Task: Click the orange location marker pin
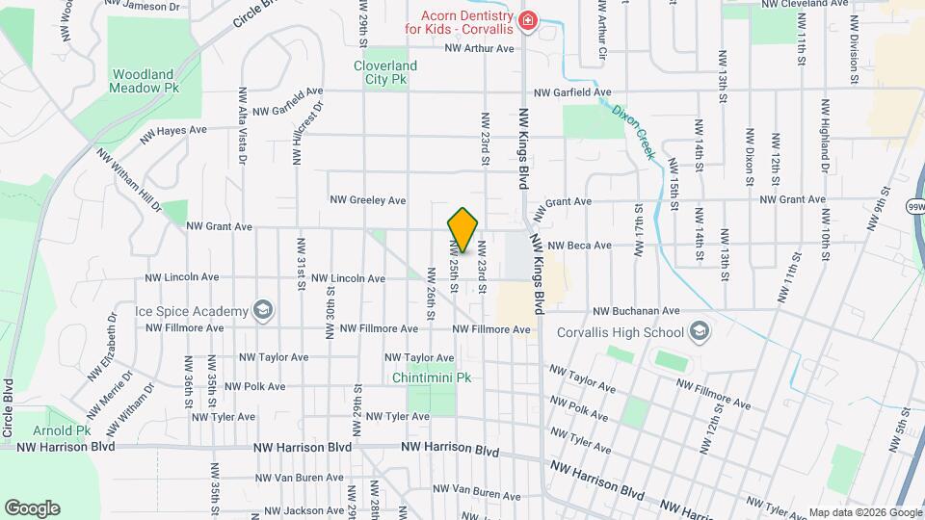click(x=462, y=230)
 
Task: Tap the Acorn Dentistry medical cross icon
click(x=527, y=21)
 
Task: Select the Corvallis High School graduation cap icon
click(x=700, y=333)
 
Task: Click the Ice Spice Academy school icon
click(x=261, y=310)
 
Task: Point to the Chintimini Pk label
click(x=432, y=377)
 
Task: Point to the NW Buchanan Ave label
click(x=636, y=311)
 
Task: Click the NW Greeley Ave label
click(x=368, y=200)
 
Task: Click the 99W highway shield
click(x=914, y=206)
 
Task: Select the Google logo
click(x=32, y=508)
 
